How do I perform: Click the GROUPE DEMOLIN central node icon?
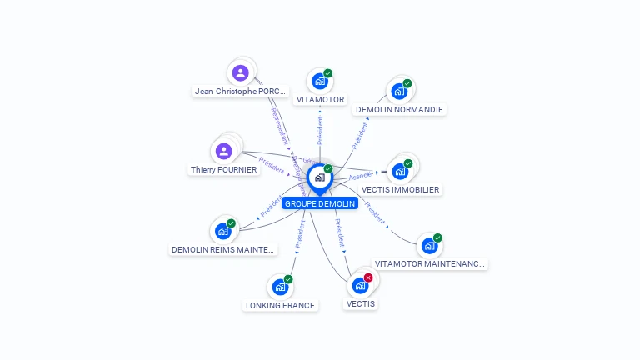(319, 177)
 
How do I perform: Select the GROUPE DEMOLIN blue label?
(320, 203)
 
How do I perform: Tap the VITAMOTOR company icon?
(319, 82)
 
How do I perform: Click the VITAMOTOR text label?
(320, 100)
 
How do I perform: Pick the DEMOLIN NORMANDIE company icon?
(399, 91)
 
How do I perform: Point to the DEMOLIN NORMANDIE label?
(399, 109)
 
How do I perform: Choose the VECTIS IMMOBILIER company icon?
(400, 171)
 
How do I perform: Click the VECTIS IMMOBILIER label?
(401, 189)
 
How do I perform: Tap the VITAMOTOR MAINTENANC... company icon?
(429, 246)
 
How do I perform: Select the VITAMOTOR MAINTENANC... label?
(429, 264)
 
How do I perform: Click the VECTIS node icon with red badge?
(360, 285)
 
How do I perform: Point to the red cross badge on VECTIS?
(368, 277)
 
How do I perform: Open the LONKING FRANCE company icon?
(280, 287)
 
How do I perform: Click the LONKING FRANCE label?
(280, 306)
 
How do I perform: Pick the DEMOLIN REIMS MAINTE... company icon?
(222, 231)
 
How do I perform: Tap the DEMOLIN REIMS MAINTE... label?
(222, 249)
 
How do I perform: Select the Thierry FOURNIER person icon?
(223, 152)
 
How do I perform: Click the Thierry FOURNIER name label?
(223, 170)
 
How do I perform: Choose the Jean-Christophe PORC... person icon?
(241, 72)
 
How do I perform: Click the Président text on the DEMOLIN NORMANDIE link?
(359, 136)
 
